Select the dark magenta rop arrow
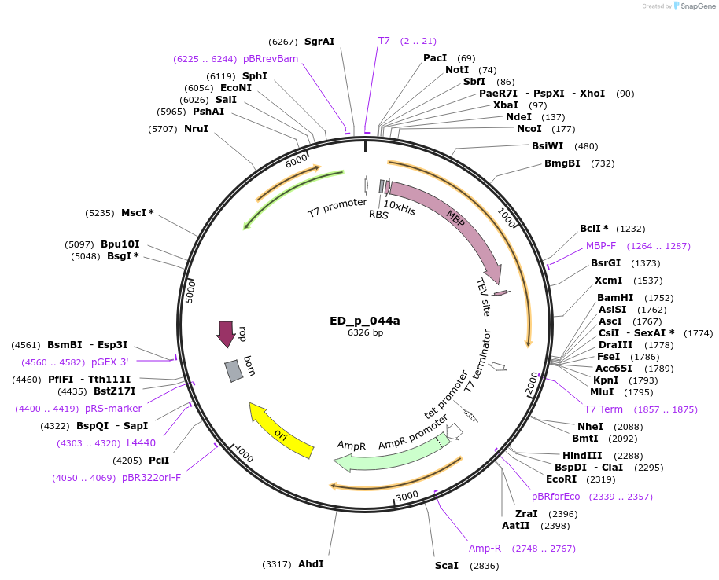227,332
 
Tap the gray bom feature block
234,370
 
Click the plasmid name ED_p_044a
365,321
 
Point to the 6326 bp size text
365,332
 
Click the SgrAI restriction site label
319,41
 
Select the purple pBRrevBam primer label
271,59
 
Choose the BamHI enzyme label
615,298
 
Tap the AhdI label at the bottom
311,564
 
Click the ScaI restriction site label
448,566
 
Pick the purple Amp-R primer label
485,549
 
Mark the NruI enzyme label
196,129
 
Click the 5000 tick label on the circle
190,290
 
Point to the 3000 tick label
407,497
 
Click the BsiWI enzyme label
548,146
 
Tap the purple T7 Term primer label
603,409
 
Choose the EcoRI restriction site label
561,479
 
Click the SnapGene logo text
697,6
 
